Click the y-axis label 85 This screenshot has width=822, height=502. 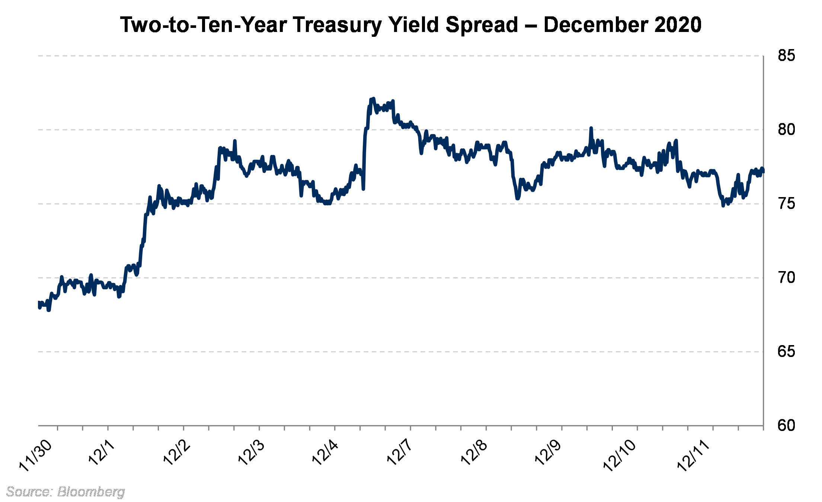(x=786, y=56)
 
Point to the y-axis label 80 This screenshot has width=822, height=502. (x=786, y=130)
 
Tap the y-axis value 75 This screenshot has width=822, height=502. (x=786, y=204)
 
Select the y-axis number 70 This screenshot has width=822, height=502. (x=786, y=277)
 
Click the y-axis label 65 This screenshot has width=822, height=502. (x=786, y=351)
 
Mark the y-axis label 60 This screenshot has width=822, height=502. (x=786, y=425)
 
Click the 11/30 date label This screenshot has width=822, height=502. (x=35, y=456)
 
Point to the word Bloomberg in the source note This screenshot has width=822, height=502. (x=91, y=492)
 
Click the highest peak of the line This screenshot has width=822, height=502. (x=373, y=99)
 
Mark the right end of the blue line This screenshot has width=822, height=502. (x=762, y=170)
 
